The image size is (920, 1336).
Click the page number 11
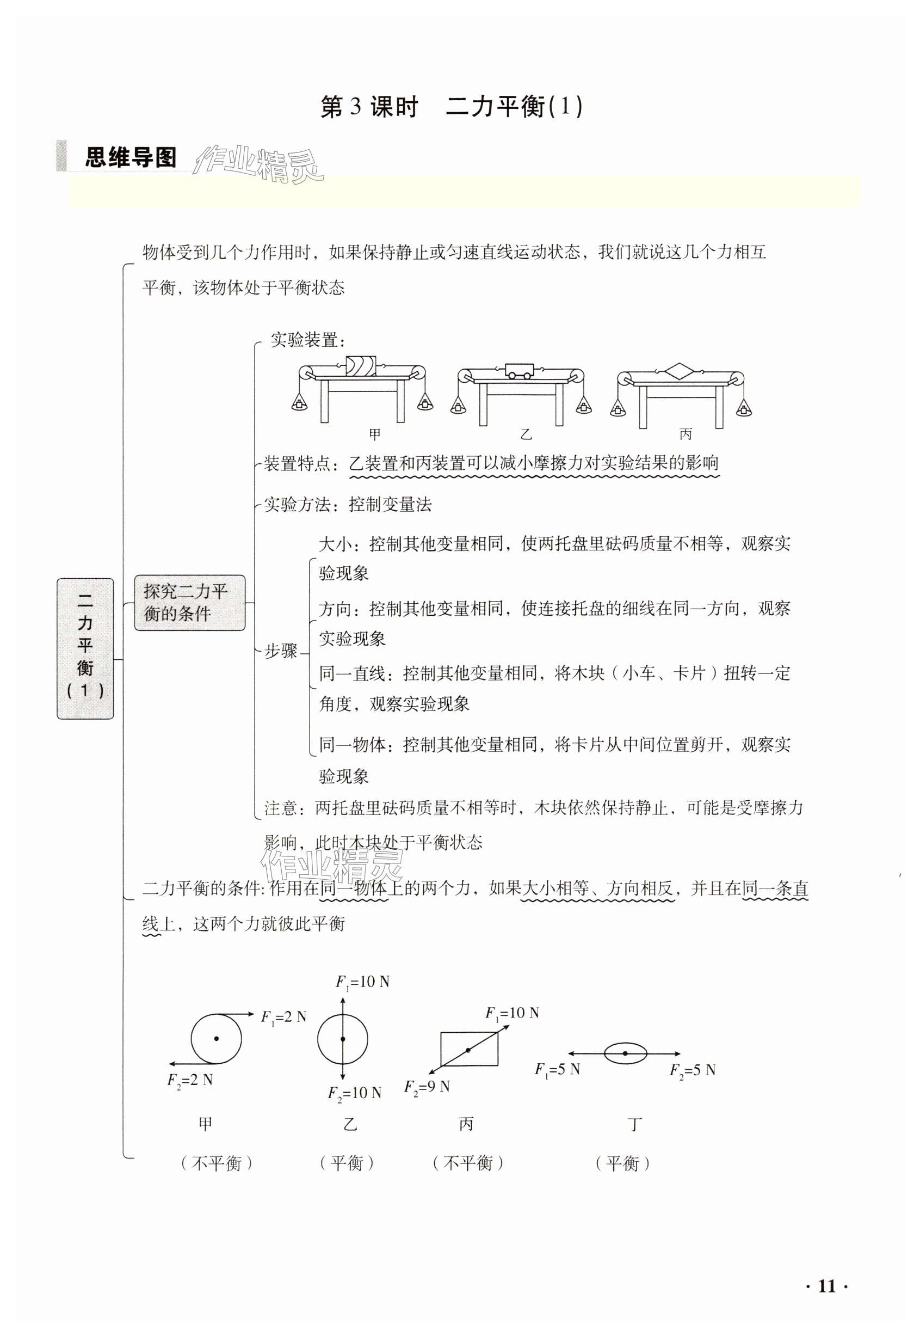(826, 1286)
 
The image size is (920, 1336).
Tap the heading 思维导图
(131, 157)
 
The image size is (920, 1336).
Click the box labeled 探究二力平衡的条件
(190, 602)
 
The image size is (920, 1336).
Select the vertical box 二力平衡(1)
(85, 648)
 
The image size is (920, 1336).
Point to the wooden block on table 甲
(360, 366)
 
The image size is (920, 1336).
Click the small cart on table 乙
(520, 371)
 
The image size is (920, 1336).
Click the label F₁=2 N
(283, 1016)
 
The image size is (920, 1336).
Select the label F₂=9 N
(427, 1087)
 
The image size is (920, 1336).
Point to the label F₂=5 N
(692, 1070)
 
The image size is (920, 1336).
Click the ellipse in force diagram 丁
(626, 1053)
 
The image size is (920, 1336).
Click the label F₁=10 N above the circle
(362, 982)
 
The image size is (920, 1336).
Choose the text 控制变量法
(390, 505)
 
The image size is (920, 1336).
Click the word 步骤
(281, 651)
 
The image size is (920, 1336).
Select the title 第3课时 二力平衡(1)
(452, 107)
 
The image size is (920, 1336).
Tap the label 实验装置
(307, 340)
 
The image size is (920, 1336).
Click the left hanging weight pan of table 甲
(299, 401)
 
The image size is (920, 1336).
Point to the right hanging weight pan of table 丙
(744, 408)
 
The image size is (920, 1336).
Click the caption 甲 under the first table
(375, 434)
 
